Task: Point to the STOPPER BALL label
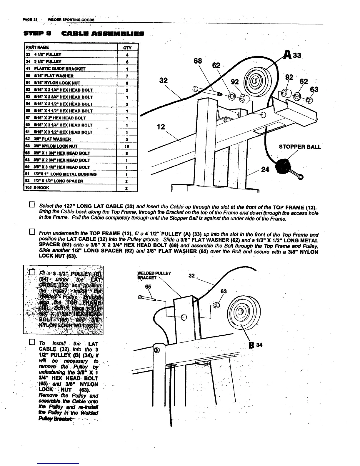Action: [300, 147]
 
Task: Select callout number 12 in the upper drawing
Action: [161, 127]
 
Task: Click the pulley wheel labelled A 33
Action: [255, 80]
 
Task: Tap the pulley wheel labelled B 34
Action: [241, 312]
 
